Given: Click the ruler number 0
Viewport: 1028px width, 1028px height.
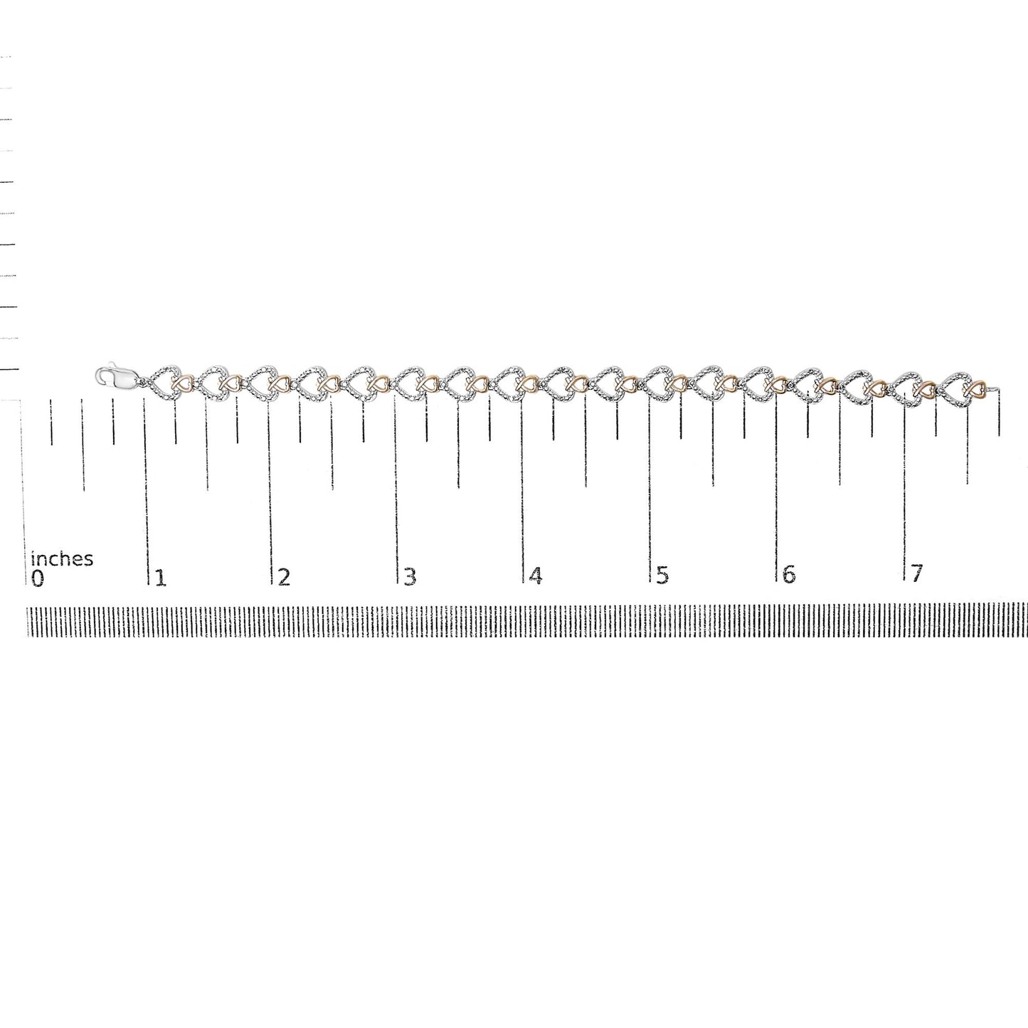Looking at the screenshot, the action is [x=37, y=578].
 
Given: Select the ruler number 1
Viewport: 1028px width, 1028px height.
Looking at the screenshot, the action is [x=161, y=578].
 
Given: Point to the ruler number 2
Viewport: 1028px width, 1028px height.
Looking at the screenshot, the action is [x=285, y=577].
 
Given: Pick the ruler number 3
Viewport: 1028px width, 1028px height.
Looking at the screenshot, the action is [x=410, y=576].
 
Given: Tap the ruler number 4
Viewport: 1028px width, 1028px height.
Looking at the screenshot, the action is [x=536, y=575].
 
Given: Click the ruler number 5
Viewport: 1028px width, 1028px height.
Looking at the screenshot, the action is [x=662, y=575].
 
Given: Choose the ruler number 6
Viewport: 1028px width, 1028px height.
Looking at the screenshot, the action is [x=789, y=574].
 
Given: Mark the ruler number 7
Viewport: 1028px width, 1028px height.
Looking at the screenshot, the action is [x=916, y=573].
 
